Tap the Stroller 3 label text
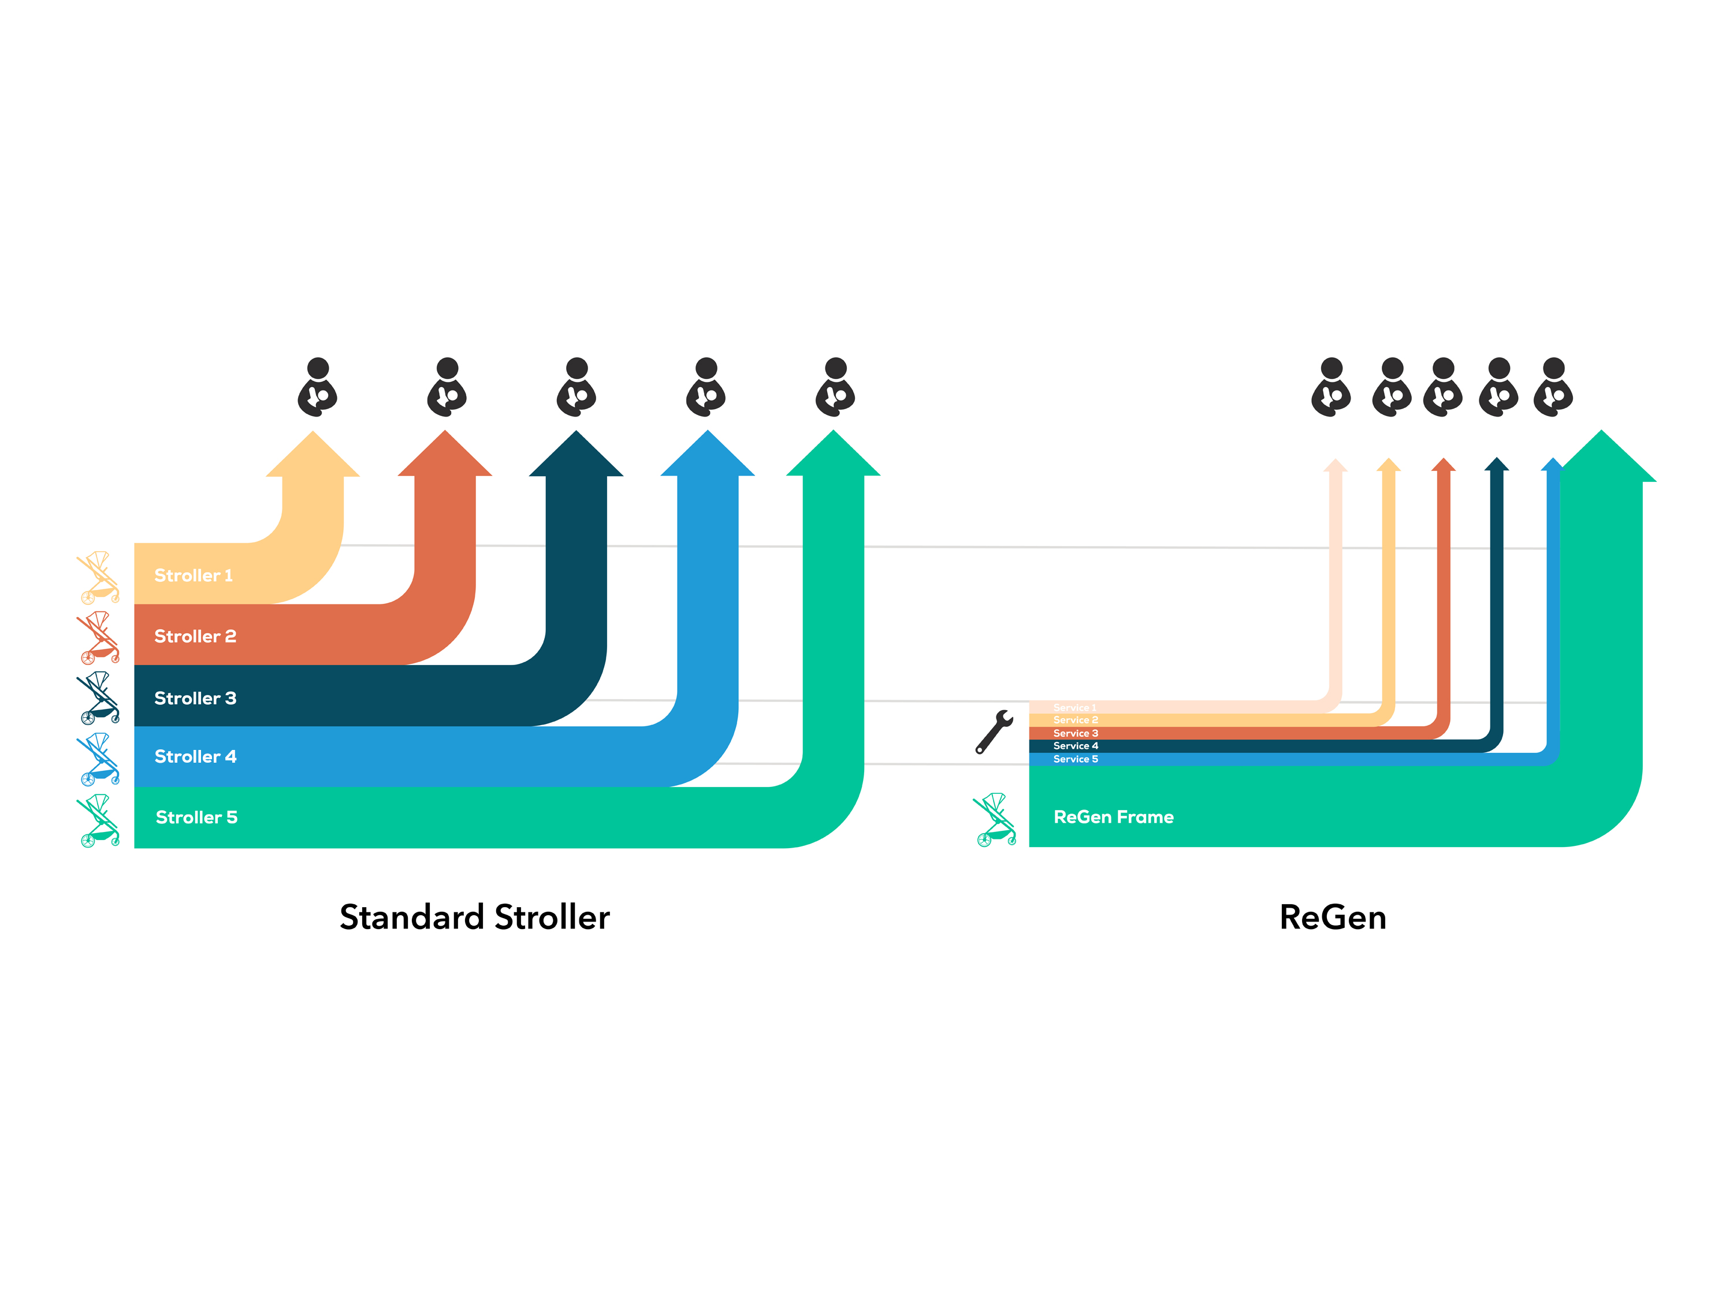point(195,698)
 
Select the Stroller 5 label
point(196,818)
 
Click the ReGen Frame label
point(1113,818)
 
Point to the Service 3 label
point(1076,733)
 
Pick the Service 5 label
point(1076,759)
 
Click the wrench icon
point(994,731)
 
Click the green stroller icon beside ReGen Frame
point(995,820)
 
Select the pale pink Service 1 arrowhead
point(1335,466)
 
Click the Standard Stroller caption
point(475,918)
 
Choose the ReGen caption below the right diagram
point(1333,918)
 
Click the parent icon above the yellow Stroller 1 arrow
point(317,387)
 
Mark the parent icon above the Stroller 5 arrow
point(835,387)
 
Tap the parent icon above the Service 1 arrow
point(1331,387)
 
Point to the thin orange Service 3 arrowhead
point(1443,466)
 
